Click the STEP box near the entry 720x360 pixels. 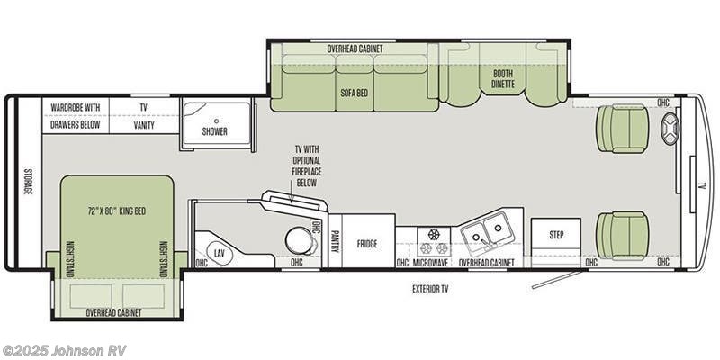556,235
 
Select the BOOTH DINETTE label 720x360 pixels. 504,80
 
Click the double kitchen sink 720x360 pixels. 487,231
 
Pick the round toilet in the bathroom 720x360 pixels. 296,241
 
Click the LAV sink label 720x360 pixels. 219,254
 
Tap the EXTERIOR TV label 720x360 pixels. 431,290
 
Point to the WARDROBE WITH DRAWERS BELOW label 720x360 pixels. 75,115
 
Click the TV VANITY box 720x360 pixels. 143,115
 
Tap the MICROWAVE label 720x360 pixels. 431,263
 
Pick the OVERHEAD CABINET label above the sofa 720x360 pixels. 355,48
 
